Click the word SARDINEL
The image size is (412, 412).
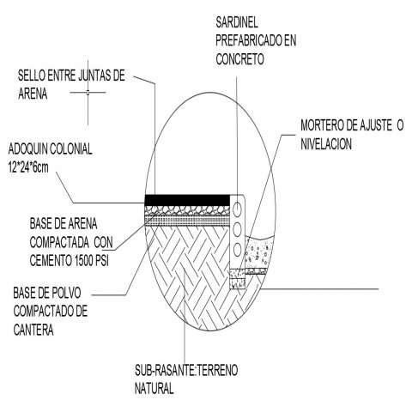click(237, 22)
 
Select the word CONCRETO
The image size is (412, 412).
click(239, 59)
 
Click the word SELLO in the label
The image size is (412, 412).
click(32, 76)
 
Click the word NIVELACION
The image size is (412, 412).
click(326, 144)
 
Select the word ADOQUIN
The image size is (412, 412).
click(27, 149)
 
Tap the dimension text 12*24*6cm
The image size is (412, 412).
click(28, 167)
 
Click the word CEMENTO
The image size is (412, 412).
click(51, 260)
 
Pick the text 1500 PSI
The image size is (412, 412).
click(92, 260)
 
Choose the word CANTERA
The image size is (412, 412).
click(33, 330)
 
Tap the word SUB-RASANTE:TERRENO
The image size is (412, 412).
click(186, 370)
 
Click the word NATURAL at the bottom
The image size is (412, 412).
click(154, 388)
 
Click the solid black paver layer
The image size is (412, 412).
click(187, 200)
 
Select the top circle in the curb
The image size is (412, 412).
click(237, 209)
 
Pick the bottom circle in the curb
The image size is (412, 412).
click(237, 250)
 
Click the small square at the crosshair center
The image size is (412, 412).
click(88, 92)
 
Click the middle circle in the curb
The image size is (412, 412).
click(237, 229)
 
